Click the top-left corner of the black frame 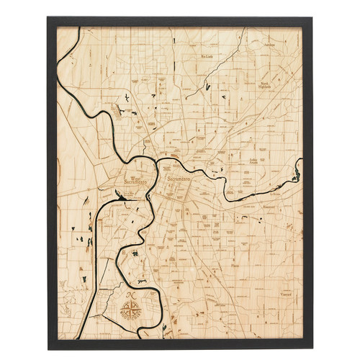48,17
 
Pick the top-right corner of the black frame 312,17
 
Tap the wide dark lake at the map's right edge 297,174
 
